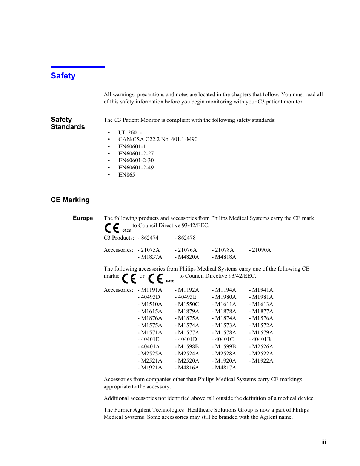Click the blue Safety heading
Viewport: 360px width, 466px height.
point(63,76)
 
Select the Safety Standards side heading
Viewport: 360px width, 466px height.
point(68,123)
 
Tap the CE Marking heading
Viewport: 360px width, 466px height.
point(70,200)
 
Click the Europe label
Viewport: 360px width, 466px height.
point(83,218)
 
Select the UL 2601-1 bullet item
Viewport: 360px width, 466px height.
point(131,132)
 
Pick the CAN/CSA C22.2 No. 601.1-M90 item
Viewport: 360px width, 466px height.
point(158,139)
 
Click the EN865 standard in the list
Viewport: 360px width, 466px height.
point(126,175)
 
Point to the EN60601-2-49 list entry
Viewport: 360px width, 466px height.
point(136,168)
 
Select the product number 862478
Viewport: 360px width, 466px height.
point(186,238)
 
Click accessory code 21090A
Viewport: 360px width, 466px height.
point(261,250)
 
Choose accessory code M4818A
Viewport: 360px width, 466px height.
point(225,257)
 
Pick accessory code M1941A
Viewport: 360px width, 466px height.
point(262,290)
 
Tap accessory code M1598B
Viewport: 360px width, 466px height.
point(188,346)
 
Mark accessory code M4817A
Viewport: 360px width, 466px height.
point(225,368)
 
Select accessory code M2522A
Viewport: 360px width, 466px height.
point(262,354)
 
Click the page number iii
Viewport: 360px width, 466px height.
point(323,442)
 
